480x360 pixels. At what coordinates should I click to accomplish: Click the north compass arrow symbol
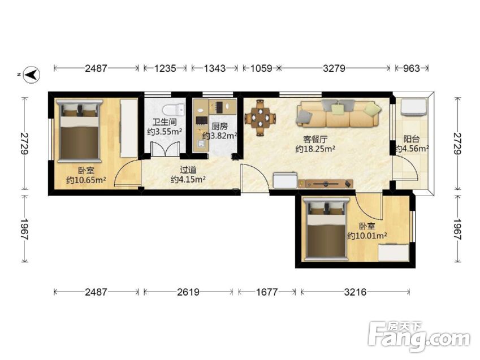click(32, 75)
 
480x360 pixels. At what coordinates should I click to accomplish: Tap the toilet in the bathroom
click(173, 110)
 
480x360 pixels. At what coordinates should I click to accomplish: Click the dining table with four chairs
click(260, 117)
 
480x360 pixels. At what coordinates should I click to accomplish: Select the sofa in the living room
click(339, 113)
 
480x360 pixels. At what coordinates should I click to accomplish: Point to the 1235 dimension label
click(165, 68)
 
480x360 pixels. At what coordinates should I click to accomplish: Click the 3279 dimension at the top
click(334, 68)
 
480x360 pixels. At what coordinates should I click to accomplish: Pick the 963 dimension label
click(411, 68)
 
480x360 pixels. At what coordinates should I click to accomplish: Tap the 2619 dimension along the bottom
click(188, 292)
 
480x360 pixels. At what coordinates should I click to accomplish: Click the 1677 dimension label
click(267, 292)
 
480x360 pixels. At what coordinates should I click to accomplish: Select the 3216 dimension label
click(355, 292)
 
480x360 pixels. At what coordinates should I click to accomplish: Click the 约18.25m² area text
click(315, 149)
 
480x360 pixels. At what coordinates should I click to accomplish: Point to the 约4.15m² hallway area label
click(188, 179)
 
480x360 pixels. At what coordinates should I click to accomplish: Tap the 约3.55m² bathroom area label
click(165, 132)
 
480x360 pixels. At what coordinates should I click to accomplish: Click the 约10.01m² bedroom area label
click(367, 236)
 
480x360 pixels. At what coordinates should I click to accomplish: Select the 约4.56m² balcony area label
click(412, 149)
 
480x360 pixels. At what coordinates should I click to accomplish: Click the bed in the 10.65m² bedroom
click(80, 131)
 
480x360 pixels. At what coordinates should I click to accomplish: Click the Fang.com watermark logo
click(419, 336)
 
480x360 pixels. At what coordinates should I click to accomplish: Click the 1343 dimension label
click(215, 68)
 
